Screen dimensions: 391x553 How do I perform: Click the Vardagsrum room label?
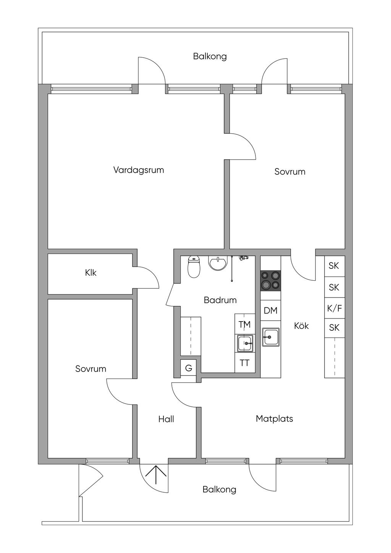[139, 170]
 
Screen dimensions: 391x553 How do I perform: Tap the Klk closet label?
[90, 273]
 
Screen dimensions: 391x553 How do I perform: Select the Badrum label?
[220, 300]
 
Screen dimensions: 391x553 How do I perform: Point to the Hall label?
[166, 419]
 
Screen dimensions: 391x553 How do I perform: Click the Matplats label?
[274, 419]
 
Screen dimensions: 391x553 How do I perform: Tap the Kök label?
[301, 326]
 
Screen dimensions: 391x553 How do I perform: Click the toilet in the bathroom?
[194, 267]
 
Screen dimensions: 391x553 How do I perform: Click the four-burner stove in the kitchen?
[271, 281]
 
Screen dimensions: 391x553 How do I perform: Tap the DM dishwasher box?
[271, 310]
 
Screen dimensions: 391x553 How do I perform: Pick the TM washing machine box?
[245, 324]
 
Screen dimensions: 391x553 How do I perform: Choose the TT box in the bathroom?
[245, 363]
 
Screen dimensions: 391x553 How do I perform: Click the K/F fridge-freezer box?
[334, 308]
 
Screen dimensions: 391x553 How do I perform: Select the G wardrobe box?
[188, 368]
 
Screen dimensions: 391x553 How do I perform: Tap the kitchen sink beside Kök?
[271, 337]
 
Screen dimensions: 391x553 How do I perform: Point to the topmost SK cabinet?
[334, 266]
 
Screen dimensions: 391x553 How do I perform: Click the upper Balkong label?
[210, 57]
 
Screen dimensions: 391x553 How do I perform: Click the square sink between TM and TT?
[245, 343]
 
